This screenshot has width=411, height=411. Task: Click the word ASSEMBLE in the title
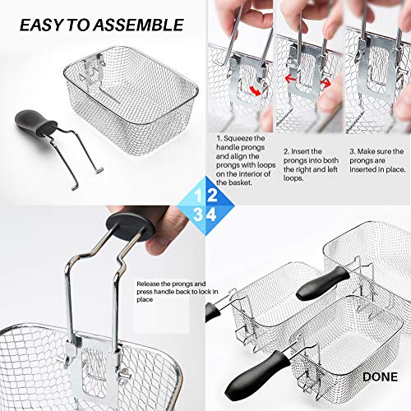138,25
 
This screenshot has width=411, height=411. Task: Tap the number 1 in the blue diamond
197,196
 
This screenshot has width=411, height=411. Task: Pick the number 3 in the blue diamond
197,215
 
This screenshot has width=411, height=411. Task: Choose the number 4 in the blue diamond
211,215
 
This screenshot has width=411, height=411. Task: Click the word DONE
380,377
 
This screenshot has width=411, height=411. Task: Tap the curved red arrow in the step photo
256,91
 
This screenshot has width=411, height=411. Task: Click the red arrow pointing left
290,79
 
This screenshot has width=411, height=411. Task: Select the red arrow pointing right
326,83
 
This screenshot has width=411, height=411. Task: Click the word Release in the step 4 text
148,284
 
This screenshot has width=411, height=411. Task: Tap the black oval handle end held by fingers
131,227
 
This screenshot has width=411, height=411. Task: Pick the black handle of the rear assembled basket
323,284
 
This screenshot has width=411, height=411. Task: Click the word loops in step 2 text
293,178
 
